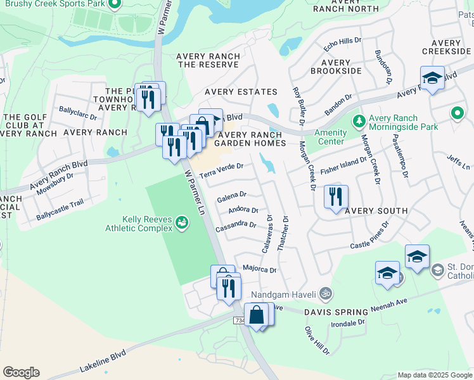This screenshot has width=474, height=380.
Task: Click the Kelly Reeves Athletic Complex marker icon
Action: pos(183,222)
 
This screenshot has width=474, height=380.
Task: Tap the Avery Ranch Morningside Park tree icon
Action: pos(359,120)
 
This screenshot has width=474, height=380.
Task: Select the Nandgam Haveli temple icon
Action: pos(325,294)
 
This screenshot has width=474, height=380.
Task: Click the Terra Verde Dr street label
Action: pos(221,170)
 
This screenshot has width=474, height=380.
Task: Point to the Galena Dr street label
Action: pos(231,198)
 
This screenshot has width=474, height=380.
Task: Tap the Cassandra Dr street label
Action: pos(236,225)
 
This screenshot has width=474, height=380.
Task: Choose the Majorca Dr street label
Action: pos(260,270)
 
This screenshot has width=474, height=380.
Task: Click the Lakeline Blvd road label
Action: pos(103,360)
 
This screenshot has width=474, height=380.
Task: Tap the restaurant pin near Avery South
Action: pos(336,196)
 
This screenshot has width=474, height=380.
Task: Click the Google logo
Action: pos(21,372)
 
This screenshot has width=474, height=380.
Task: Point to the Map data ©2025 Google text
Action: pos(435,375)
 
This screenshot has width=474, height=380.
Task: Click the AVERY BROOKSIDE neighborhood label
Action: pos(335,67)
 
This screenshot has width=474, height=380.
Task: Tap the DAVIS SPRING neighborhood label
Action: pos(336,312)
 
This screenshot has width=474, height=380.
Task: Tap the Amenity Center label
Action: pos(331,137)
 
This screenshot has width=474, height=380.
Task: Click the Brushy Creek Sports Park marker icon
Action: pos(114,6)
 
